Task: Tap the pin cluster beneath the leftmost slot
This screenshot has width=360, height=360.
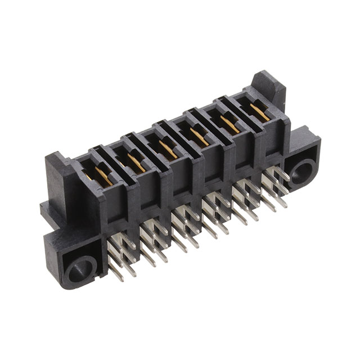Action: [x=121, y=256]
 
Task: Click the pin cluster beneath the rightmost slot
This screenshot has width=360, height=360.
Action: [x=276, y=180]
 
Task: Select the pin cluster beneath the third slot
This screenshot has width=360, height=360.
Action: [x=186, y=225]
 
